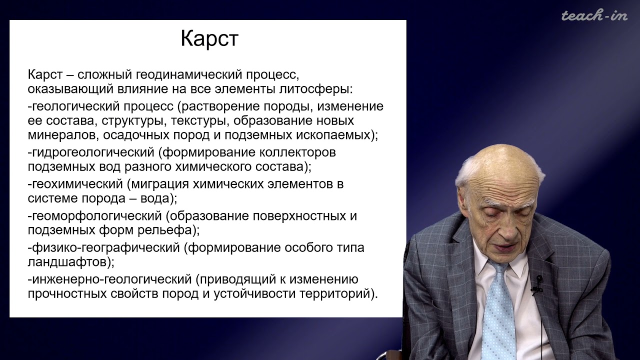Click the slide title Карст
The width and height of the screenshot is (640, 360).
click(x=209, y=39)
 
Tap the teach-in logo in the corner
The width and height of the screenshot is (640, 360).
click(x=594, y=15)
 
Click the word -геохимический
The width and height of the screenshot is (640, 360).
click(x=76, y=183)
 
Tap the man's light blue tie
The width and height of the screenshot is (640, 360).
click(x=498, y=310)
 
